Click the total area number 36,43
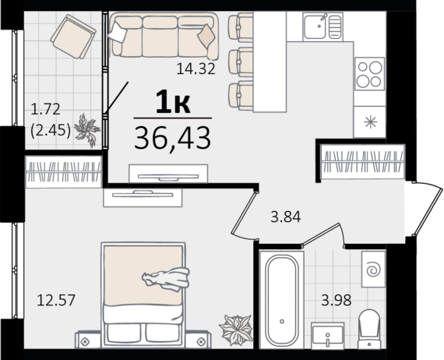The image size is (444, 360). coord(173,139)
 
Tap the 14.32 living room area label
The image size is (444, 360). coord(196,69)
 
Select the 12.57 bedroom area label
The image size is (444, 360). coord(56,300)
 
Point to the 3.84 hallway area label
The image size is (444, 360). coord(285,217)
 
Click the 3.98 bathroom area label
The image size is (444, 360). coord(336,300)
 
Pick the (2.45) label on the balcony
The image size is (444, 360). coord(51,131)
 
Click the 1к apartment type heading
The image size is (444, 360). coord(173,101)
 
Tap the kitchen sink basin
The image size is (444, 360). coord(315,26)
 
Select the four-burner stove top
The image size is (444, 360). coord(369,74)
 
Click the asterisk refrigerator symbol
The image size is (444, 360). coord(370,122)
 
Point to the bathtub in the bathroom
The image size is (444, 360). coord(282,300)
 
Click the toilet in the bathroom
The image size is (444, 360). coord(368,329)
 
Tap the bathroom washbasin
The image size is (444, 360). coord(327,336)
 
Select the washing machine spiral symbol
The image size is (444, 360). coord(373,270)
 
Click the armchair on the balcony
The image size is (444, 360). coord(73,37)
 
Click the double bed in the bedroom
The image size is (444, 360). coord(143,295)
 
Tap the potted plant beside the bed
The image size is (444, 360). coord(236,330)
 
